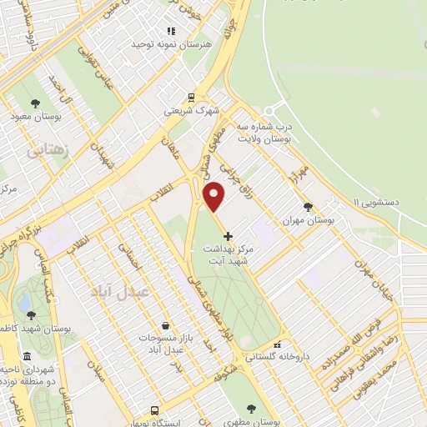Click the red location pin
(215, 196)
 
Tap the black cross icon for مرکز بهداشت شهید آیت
(229, 237)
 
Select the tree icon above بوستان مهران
(309, 207)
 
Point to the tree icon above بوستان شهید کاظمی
(32, 314)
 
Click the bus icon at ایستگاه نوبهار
(154, 409)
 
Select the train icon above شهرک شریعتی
(190, 97)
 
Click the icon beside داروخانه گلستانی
(277, 344)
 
